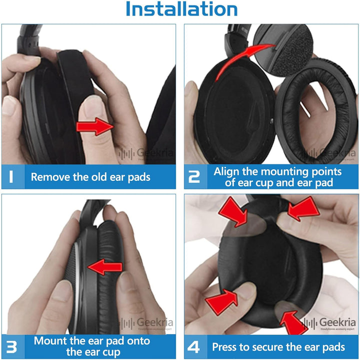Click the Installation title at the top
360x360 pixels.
pos(181,9)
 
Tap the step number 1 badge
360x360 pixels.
pos(12,177)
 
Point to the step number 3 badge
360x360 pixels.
pos(12,347)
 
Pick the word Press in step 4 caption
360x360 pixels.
pos(226,347)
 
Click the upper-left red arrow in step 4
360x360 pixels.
pos(233,210)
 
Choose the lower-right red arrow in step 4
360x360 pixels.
pos(295,323)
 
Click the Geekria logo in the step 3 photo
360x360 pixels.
pos(144,324)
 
